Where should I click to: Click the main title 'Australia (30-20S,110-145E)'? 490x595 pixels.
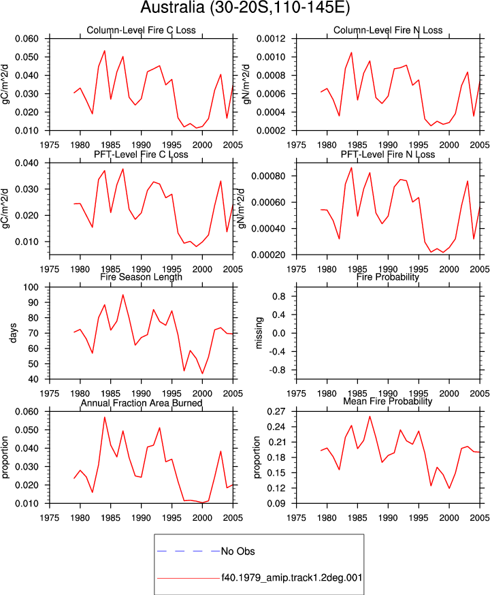[245, 7]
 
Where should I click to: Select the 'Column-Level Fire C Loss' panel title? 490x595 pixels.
[141, 31]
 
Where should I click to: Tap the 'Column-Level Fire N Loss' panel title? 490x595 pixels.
[388, 31]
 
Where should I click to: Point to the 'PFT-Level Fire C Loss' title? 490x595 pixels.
[141, 155]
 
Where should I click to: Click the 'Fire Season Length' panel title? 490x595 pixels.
[141, 277]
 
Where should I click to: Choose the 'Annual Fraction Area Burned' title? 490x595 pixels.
[141, 403]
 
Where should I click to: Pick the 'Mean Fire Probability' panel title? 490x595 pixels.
[388, 401]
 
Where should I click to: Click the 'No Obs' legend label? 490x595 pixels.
[238, 551]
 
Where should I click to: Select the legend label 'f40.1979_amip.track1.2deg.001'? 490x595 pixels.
[292, 577]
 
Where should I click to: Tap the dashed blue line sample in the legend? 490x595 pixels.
[189, 551]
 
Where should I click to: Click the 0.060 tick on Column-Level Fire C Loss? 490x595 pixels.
[27, 39]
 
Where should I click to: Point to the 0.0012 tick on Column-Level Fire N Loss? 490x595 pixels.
[271, 39]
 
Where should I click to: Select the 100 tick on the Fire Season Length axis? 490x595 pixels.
[31, 287]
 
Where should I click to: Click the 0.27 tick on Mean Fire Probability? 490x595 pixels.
[276, 412]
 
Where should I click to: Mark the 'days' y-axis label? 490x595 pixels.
[14, 333]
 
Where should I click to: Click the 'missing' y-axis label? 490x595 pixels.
[259, 333]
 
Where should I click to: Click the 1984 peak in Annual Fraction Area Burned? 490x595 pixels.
[104, 417]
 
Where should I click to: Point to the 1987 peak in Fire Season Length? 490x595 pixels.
[122, 295]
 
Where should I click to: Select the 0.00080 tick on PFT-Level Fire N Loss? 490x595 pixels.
[269, 176]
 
